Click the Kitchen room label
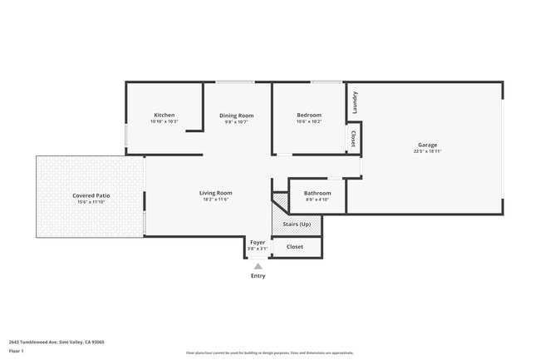click(x=164, y=115)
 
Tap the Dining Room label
click(x=237, y=116)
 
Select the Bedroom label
click(x=309, y=115)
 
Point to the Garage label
click(x=427, y=145)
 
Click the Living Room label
click(x=215, y=193)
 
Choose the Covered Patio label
click(x=91, y=195)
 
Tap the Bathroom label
click(x=317, y=193)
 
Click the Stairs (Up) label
click(x=297, y=224)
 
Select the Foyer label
click(x=258, y=242)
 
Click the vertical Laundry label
click(x=355, y=103)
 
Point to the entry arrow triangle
click(x=258, y=266)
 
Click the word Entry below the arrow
click(x=258, y=276)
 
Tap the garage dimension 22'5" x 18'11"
click(x=427, y=151)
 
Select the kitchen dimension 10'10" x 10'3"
click(x=164, y=121)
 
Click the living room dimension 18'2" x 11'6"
click(x=215, y=200)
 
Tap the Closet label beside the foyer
click(x=295, y=247)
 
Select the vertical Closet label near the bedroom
click(x=353, y=139)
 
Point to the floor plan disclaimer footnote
click(x=269, y=353)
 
